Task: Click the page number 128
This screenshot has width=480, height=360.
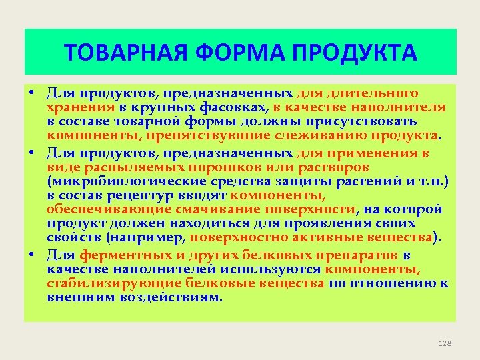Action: click(x=445, y=343)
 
